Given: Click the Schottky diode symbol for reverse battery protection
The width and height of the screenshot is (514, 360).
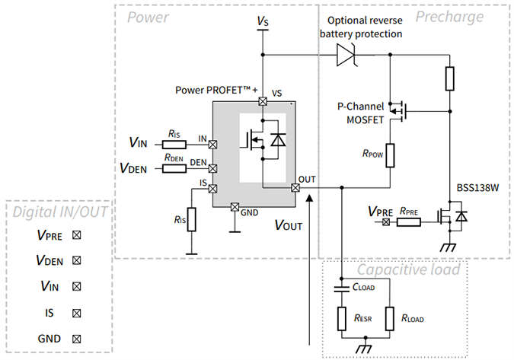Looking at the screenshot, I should click(346, 54).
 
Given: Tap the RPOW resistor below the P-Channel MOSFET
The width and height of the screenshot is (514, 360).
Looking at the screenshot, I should click(389, 155).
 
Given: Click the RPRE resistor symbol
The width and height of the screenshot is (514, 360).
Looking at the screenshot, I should click(408, 221).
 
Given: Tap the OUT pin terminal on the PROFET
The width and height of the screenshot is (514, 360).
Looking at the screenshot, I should click(295, 187).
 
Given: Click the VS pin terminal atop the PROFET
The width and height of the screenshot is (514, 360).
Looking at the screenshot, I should click(263, 101).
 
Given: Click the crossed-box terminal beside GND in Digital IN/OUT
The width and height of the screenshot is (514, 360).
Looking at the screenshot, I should click(76, 339).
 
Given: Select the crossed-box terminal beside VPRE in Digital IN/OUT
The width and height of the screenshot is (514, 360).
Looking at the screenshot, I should click(76, 235).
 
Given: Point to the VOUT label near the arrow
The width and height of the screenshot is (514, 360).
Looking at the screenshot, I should click(288, 225).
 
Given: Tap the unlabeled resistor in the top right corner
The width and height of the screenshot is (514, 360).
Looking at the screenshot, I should click(449, 78).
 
